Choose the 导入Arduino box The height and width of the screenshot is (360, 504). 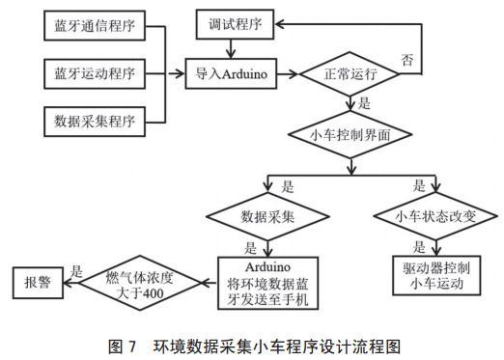(x=233, y=71)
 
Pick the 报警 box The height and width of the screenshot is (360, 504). (x=37, y=283)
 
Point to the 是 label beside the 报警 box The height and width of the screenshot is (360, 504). (x=78, y=271)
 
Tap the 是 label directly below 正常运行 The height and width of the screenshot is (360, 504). (x=364, y=102)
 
